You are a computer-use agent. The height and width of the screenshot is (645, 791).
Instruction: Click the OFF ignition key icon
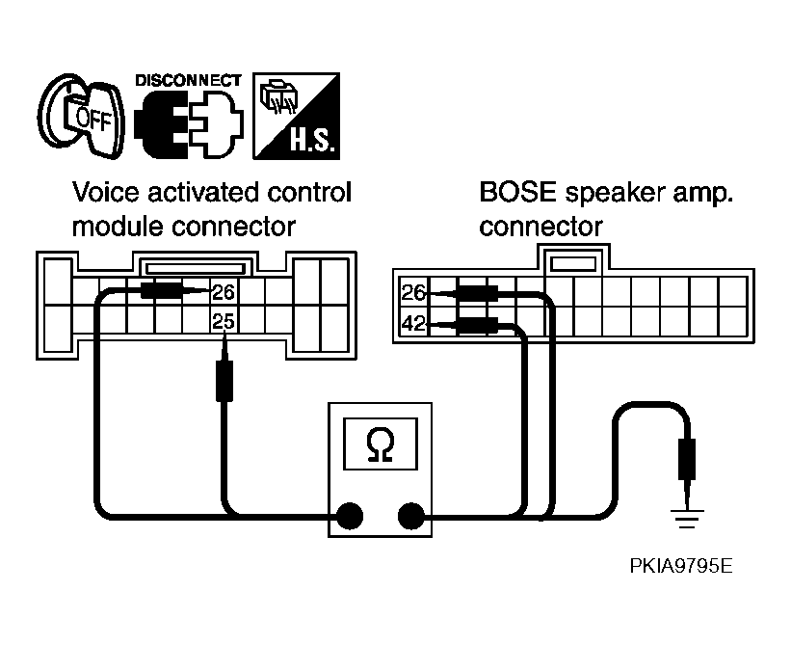[81, 117]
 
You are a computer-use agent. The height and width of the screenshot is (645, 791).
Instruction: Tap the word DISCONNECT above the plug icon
[188, 81]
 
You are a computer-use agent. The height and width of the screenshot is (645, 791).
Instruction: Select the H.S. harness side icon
[296, 117]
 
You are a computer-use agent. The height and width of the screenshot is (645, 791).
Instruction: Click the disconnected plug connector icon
[189, 123]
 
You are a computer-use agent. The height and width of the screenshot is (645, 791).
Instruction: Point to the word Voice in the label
[105, 192]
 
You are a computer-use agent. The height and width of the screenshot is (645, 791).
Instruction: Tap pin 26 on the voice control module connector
[223, 292]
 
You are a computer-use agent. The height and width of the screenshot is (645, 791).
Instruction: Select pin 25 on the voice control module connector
[223, 321]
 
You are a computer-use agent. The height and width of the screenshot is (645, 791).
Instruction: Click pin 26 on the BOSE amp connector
[413, 293]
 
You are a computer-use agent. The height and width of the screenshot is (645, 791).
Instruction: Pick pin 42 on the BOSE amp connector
[413, 323]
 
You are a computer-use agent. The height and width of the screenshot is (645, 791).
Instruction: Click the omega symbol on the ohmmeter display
[381, 444]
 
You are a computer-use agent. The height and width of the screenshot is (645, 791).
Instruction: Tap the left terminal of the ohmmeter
[350, 516]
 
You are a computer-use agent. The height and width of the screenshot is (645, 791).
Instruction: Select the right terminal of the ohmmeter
[411, 516]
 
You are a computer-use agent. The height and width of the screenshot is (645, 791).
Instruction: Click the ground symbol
[687, 519]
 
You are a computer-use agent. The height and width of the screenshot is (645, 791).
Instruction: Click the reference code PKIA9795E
[681, 566]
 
